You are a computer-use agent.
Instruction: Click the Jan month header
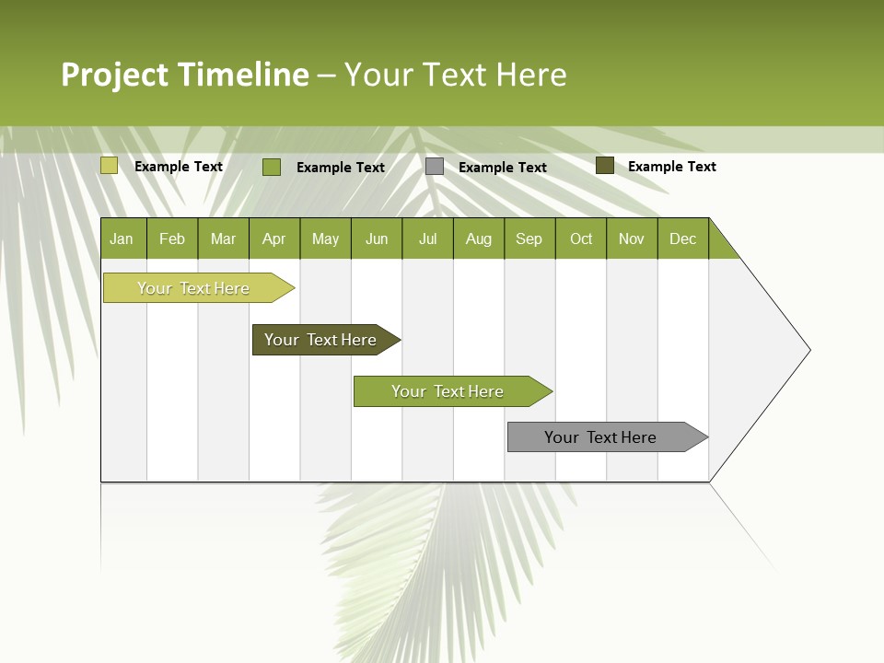pos(122,238)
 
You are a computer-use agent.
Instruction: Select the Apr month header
pos(274,238)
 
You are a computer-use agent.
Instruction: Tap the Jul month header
pos(427,238)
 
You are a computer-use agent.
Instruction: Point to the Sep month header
pos(529,238)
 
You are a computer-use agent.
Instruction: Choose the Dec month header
pos(682,238)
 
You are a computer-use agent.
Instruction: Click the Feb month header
pos(172,238)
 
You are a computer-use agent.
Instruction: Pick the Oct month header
pos(581,238)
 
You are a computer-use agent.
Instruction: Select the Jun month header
pos(377,238)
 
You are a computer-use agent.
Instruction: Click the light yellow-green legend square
pos(110,166)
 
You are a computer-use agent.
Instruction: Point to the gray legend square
pos(435,167)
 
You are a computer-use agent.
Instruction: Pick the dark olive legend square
pos(604,166)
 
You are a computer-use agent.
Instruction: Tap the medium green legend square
pos(272,167)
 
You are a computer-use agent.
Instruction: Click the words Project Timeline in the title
pos(185,75)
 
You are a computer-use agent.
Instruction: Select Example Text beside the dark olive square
pos(671,167)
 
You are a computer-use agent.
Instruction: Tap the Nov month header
pos(632,238)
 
